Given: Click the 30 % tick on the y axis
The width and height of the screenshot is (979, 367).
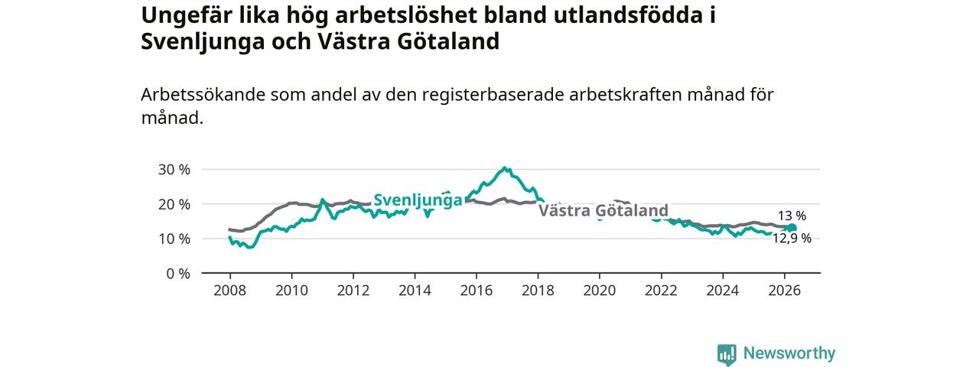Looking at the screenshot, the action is click(174, 170).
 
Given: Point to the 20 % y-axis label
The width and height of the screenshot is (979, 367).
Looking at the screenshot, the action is click(174, 204).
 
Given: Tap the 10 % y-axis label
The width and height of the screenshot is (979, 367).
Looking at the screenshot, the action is click(174, 239).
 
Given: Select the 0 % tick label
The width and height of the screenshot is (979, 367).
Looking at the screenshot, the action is click(178, 274).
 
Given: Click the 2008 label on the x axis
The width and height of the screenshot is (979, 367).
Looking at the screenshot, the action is click(230, 291).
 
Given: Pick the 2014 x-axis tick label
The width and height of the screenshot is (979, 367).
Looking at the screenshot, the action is click(415, 291).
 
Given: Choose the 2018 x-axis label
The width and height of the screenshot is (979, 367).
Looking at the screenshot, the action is click(538, 291).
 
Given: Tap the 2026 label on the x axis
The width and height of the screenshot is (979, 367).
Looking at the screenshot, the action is click(785, 291).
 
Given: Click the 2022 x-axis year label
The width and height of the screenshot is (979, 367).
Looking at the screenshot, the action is click(662, 291).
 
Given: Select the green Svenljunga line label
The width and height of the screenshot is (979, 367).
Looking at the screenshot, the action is click(418, 200).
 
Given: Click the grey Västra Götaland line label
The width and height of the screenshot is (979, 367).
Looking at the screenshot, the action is click(603, 210).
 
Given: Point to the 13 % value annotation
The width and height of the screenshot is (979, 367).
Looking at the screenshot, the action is click(792, 216).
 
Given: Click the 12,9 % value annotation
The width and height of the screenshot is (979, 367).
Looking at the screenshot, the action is click(792, 238).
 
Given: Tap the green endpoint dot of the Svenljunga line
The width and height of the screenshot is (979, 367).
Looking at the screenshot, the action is click(792, 228).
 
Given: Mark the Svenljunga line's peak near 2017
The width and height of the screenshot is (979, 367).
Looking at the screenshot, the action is click(505, 167).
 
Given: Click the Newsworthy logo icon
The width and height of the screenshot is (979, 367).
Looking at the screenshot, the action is click(727, 354).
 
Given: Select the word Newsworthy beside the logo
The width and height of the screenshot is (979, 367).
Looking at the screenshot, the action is click(789, 353).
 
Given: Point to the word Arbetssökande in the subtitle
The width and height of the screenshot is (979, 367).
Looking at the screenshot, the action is click(203, 94).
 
